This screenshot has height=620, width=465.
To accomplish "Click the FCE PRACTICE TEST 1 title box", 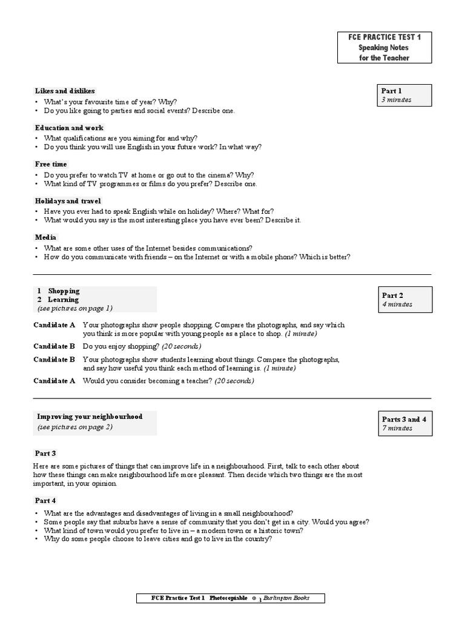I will [x=384, y=48].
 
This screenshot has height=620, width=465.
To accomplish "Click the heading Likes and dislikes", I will [x=65, y=91].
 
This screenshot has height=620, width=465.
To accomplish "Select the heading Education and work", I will [x=69, y=128].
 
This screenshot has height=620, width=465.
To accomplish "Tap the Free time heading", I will [x=51, y=164].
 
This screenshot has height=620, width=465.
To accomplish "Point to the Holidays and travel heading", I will [x=68, y=200].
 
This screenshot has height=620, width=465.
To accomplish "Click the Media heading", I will [x=45, y=237].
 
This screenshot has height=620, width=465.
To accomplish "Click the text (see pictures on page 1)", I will [x=74, y=308].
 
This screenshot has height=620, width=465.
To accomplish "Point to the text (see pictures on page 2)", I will [x=74, y=427].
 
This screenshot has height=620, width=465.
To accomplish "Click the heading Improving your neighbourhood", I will [x=90, y=417].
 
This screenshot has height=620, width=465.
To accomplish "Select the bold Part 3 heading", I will [x=45, y=453].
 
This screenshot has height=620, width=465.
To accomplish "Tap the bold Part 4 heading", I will [x=45, y=500].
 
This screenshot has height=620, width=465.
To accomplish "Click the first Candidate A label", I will [x=54, y=325].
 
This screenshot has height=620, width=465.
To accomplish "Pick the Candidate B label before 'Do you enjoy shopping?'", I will [x=54, y=346].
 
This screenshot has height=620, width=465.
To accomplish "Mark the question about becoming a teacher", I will [x=168, y=381].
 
